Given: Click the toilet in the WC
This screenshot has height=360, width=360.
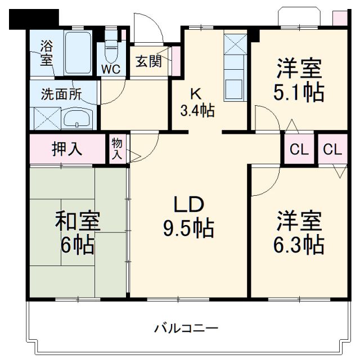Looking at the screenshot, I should point(111,52).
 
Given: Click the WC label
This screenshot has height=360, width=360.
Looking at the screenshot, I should point(111,69).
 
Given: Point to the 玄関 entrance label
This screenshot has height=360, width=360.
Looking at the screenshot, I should point(148,61).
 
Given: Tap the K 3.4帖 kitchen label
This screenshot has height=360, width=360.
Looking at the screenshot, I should point(196,102).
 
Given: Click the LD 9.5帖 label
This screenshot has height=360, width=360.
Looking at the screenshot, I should point(188,216).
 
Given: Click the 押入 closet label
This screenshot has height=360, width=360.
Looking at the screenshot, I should point(67,150).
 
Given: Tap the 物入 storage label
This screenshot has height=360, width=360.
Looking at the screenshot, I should point(117,148).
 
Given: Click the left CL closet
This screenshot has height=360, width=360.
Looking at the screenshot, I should point(299,150).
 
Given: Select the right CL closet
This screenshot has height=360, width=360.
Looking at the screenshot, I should point(332,150).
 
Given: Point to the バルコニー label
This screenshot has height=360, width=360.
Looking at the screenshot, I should point(186,327).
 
